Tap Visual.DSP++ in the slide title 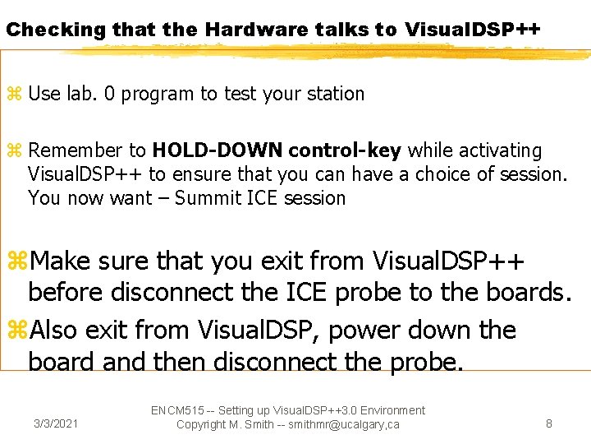tap(472, 30)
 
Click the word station tap(334, 94)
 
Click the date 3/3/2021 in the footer tap(56, 424)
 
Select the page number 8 tap(549, 424)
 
